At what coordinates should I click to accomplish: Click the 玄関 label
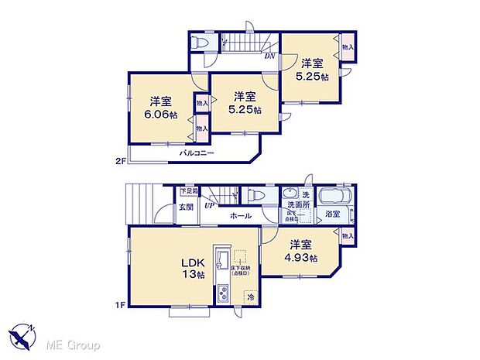click(x=186, y=207)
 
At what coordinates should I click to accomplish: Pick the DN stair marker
click(x=270, y=56)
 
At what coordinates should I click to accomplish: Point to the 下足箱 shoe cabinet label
click(x=189, y=191)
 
